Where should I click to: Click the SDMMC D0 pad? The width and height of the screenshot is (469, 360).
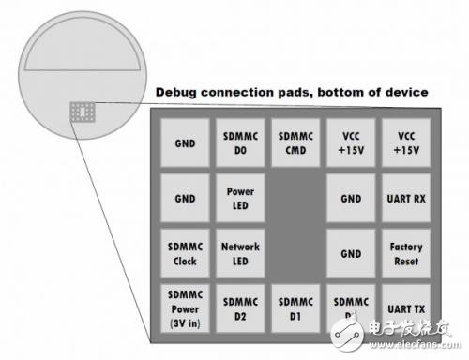pos(241,142)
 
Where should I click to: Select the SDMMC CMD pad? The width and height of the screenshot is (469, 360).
pos(296,142)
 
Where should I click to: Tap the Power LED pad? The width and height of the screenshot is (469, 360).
pos(241,198)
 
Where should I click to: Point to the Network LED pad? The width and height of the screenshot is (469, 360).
pos(241,253)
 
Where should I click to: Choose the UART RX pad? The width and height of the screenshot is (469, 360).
pos(406,198)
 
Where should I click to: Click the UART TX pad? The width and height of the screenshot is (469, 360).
pos(406,308)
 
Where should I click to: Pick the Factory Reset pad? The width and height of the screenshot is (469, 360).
pos(406,253)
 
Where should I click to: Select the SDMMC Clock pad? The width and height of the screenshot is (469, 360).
pos(186,253)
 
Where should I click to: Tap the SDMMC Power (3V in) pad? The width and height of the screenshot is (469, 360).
pos(186,308)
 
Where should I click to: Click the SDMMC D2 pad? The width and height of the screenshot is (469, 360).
pos(241,308)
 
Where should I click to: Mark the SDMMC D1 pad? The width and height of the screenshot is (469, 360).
pos(296,308)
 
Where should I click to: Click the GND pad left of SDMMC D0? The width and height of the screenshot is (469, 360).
pos(186,142)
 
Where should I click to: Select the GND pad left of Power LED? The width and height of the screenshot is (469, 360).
pos(186,198)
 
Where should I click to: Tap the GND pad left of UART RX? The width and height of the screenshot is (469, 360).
pos(351,198)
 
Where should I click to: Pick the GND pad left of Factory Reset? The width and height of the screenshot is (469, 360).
pos(351,253)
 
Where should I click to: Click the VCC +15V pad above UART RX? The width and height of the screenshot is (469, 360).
pos(406,142)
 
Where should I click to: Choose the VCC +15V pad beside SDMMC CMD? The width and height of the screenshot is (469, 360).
pos(351,142)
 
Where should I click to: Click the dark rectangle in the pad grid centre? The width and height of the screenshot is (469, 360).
pos(296,225)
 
